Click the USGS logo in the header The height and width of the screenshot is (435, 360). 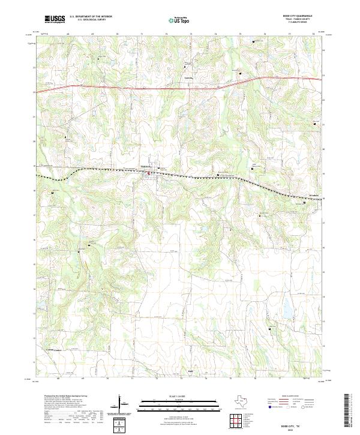coord(55,19)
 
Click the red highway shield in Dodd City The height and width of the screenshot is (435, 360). coord(149,174)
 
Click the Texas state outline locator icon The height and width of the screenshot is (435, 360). coord(243,401)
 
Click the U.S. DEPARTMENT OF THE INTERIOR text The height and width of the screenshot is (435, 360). coord(91,17)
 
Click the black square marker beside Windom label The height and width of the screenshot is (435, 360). coord(305,203)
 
